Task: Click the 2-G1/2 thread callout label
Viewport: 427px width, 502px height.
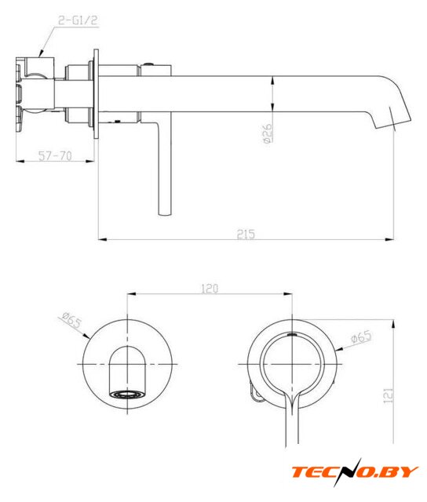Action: coord(78,20)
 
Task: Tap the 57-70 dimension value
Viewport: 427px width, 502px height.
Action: coord(55,156)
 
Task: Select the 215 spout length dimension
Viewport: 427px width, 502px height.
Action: coord(246,234)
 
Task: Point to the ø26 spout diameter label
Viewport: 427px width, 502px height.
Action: coord(267,133)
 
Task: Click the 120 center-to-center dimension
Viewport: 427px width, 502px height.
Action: coord(210,289)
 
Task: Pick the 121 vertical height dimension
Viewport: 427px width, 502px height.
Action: coord(388,395)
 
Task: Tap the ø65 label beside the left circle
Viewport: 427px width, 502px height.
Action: coord(71,321)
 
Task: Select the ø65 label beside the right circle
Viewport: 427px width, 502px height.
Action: coord(361,336)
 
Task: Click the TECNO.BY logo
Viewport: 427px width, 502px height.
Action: coord(355,472)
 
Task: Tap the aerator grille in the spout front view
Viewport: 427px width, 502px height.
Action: coord(127,394)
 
